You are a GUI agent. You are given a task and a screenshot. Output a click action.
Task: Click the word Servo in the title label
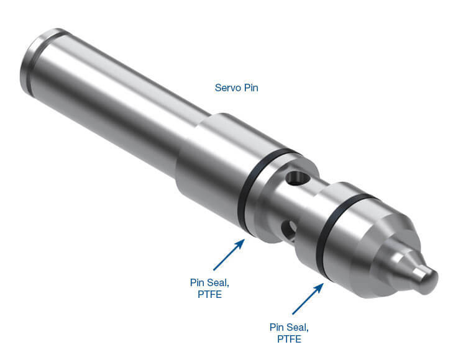tap(226, 88)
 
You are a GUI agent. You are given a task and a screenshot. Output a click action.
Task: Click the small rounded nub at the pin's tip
tap(426, 279)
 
